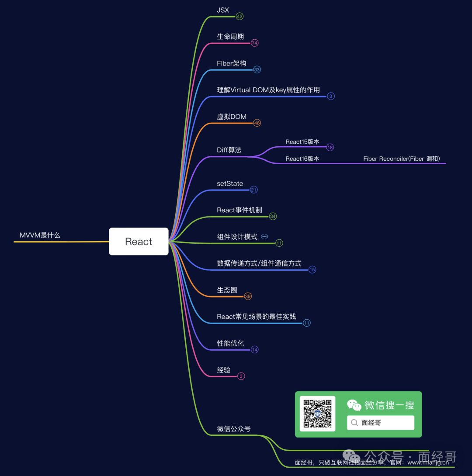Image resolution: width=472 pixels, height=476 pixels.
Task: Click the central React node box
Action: [139, 241]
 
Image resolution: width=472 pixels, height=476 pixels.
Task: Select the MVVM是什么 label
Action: [40, 235]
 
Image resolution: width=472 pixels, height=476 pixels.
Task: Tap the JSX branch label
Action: [223, 10]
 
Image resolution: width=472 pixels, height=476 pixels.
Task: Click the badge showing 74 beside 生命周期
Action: [255, 43]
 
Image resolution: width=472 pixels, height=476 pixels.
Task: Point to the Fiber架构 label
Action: [231, 63]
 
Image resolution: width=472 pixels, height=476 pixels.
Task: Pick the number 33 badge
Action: [257, 70]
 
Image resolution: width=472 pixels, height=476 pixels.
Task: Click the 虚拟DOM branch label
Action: [232, 117]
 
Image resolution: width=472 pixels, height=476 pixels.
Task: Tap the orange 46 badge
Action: [257, 123]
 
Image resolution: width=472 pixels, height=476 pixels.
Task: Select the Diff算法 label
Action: [229, 150]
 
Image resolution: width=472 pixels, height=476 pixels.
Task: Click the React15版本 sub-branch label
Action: [302, 142]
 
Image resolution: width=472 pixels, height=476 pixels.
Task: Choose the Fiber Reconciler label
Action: [402, 159]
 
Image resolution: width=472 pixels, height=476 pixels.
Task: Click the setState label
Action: [230, 183]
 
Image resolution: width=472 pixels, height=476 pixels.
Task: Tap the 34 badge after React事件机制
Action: [273, 216]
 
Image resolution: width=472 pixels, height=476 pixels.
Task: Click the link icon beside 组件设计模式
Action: [264, 237]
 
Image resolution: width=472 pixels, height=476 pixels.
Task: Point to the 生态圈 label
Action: [227, 290]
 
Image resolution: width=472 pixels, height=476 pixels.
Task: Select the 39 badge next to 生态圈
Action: [248, 297]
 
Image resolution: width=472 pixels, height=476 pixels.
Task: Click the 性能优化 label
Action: [230, 343]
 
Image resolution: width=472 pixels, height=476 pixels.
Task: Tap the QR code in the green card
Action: [318, 414]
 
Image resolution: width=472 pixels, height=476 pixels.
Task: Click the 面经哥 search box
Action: [380, 423]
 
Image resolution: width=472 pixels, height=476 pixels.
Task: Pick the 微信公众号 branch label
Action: [234, 429]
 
